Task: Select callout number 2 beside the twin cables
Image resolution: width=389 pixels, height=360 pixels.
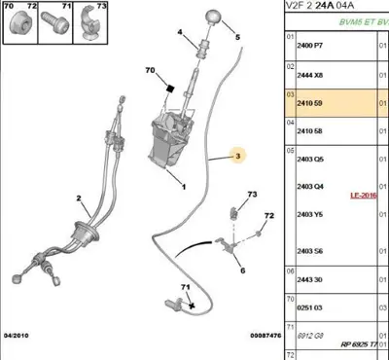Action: click(x=78, y=198)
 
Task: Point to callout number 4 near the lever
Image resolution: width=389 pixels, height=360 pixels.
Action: click(x=179, y=33)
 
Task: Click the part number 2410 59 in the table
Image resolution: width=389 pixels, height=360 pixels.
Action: click(x=309, y=100)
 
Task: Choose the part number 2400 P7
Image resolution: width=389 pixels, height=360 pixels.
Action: click(x=309, y=46)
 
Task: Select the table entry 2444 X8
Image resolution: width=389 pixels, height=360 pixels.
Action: click(x=309, y=73)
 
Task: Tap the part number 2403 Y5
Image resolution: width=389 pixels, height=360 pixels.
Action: click(x=309, y=215)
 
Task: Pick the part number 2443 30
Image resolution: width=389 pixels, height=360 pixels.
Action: click(x=309, y=279)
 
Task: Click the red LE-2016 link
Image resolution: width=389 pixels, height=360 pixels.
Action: click(x=364, y=195)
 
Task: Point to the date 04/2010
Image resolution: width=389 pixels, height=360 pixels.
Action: click(x=18, y=336)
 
